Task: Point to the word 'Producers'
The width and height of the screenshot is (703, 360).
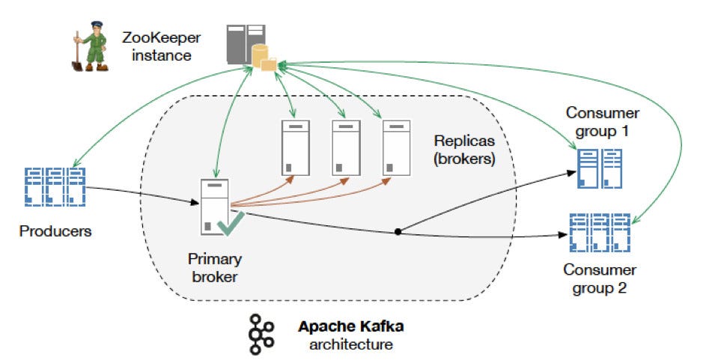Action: coord(55,231)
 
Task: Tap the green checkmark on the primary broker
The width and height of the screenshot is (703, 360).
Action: coord(230,223)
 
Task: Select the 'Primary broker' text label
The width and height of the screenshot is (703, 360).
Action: coord(215,268)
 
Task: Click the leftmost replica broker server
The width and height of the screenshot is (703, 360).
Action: coord(294,147)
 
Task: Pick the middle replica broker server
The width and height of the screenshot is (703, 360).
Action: coord(346,147)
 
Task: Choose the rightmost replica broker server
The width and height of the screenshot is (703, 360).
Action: coord(397,147)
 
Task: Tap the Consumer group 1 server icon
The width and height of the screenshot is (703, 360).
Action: coord(600,169)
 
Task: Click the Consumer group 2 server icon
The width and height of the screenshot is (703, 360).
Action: coord(600,234)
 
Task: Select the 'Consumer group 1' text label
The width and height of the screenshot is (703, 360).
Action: coord(603,123)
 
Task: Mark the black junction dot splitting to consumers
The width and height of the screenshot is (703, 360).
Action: coord(397,231)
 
